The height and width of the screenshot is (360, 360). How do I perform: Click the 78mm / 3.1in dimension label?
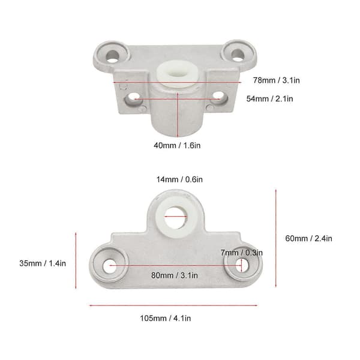tap(276, 80)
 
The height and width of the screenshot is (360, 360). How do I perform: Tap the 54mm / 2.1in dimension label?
tap(269, 99)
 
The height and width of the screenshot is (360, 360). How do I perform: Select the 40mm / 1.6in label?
tap(177, 146)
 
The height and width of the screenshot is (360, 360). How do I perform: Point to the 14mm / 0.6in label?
tap(179, 179)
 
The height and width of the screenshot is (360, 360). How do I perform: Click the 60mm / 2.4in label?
tap(308, 238)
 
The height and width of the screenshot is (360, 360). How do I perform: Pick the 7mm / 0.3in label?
tap(242, 253)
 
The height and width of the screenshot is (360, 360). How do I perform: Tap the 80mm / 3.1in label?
tap(175, 275)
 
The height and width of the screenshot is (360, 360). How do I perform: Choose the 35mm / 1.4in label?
tap(43, 263)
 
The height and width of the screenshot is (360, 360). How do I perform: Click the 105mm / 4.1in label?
tap(166, 319)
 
